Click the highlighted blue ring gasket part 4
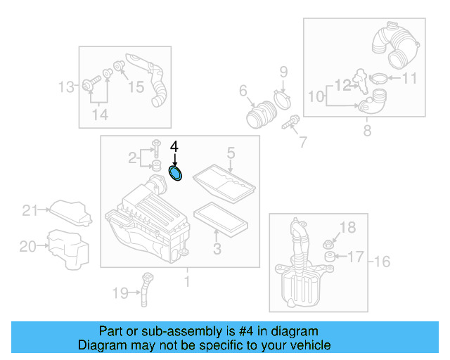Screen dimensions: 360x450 176,173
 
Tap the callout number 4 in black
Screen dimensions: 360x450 175,147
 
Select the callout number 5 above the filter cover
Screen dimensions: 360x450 230,153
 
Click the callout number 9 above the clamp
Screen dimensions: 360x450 284,71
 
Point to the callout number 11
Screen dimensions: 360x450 409,79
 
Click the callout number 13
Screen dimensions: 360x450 66,87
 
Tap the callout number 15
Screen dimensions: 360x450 135,87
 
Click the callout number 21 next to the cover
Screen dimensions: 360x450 29,210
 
